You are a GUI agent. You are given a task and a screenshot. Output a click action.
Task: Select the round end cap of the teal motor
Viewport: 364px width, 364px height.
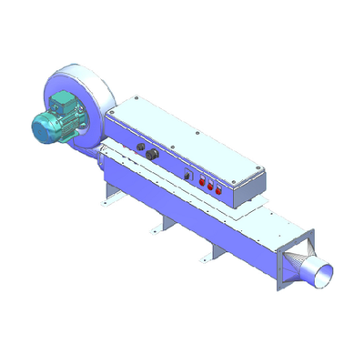point(39,129)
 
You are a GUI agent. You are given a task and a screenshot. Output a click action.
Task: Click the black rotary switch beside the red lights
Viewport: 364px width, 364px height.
point(188,174)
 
